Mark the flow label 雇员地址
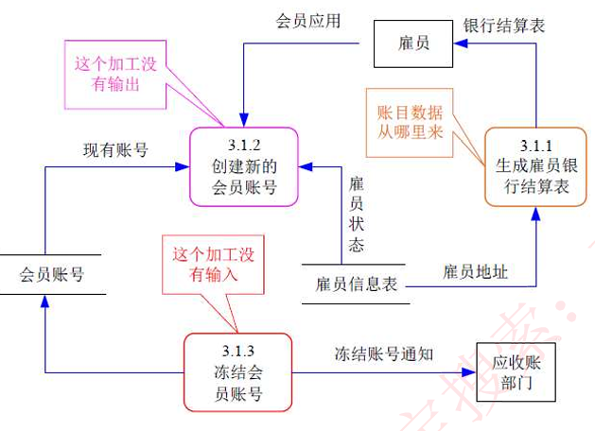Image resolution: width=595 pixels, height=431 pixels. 475,272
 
